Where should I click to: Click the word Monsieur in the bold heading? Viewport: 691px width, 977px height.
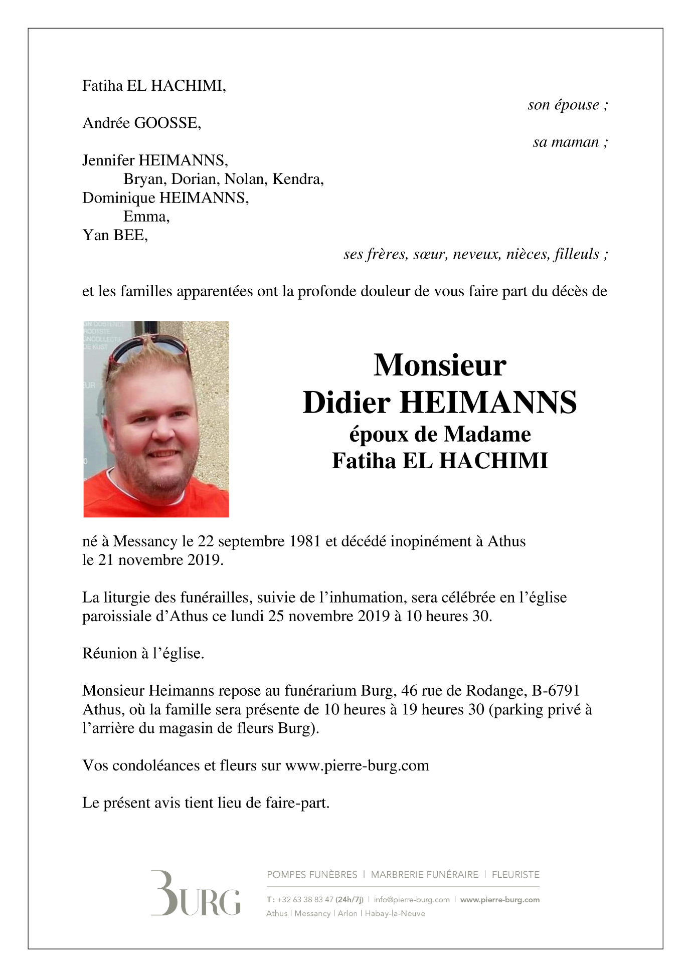pyautogui.click(x=440, y=365)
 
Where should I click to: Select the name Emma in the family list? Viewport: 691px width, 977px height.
pyautogui.click(x=145, y=217)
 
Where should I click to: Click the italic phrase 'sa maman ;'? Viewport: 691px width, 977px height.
pyautogui.click(x=570, y=142)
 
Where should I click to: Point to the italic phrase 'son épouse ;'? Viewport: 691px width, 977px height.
pyautogui.click(x=568, y=105)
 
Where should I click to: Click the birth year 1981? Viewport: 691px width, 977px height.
pyautogui.click(x=302, y=541)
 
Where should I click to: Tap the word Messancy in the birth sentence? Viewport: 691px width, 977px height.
pyautogui.click(x=145, y=541)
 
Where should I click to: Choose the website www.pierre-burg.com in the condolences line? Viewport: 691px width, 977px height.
pyautogui.click(x=357, y=765)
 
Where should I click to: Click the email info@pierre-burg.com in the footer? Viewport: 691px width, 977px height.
pyautogui.click(x=411, y=900)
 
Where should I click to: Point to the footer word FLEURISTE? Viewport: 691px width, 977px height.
pyautogui.click(x=515, y=875)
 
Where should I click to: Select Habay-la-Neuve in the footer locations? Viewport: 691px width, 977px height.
pyautogui.click(x=395, y=913)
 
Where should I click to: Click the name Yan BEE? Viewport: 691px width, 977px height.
pyautogui.click(x=115, y=235)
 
